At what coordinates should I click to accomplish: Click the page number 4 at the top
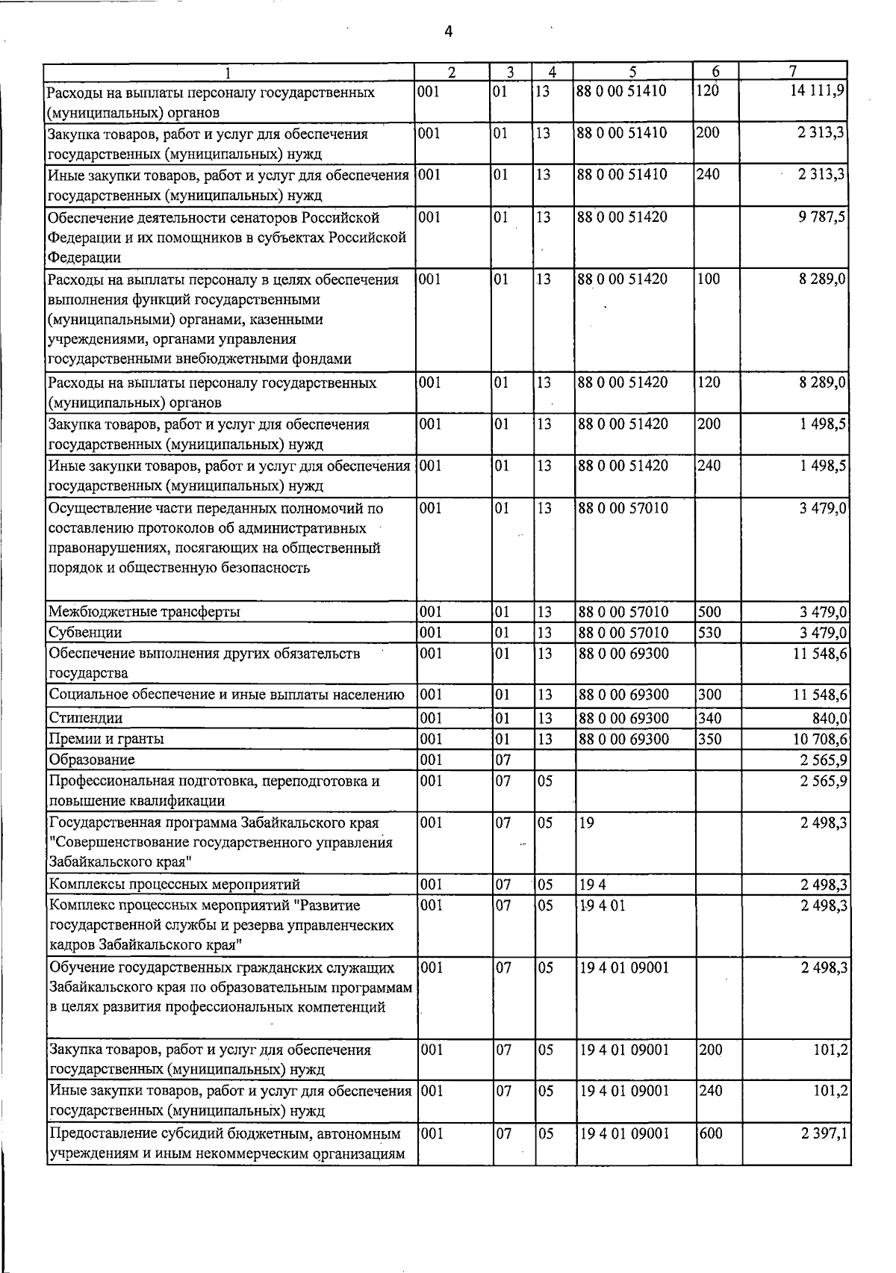(x=447, y=31)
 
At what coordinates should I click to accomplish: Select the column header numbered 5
(x=632, y=72)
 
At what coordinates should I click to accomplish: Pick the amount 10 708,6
(x=820, y=739)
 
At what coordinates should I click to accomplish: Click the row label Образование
(x=91, y=760)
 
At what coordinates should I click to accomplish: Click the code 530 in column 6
(x=709, y=633)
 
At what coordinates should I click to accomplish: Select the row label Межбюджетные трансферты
(x=144, y=612)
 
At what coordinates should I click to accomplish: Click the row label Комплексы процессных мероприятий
(x=174, y=885)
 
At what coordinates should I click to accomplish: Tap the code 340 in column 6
(x=709, y=718)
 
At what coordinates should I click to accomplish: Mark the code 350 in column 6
(x=709, y=739)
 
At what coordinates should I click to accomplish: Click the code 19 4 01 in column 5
(x=597, y=905)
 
